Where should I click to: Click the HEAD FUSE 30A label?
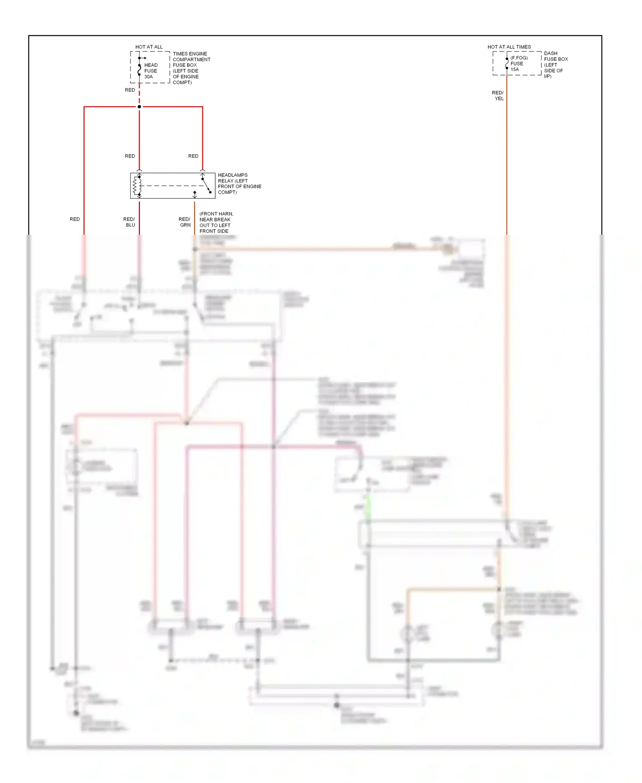pyautogui.click(x=151, y=71)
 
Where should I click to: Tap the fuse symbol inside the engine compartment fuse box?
pyautogui.click(x=140, y=69)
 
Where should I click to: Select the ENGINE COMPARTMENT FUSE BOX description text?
pyautogui.click(x=191, y=68)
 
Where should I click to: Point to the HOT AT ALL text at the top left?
pyautogui.click(x=149, y=47)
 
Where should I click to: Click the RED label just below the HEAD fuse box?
pyautogui.click(x=130, y=90)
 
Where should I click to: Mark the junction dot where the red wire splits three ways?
pyautogui.click(x=140, y=107)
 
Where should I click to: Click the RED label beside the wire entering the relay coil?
pyautogui.click(x=130, y=156)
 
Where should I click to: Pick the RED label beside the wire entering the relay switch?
pyautogui.click(x=193, y=156)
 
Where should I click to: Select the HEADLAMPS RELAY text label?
pyautogui.click(x=239, y=184)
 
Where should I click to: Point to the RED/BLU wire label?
pyautogui.click(x=129, y=222)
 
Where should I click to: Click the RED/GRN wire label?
pyautogui.click(x=185, y=222)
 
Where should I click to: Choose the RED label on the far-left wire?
pyautogui.click(x=75, y=219)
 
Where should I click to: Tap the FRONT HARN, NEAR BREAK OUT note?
pyautogui.click(x=216, y=222)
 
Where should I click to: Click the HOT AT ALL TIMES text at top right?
pyautogui.click(x=509, y=47)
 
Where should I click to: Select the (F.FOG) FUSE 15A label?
pyautogui.click(x=518, y=63)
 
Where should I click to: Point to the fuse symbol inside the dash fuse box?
pyautogui.click(x=507, y=63)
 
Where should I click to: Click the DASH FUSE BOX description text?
pyautogui.click(x=555, y=65)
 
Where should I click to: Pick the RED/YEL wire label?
pyautogui.click(x=498, y=96)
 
